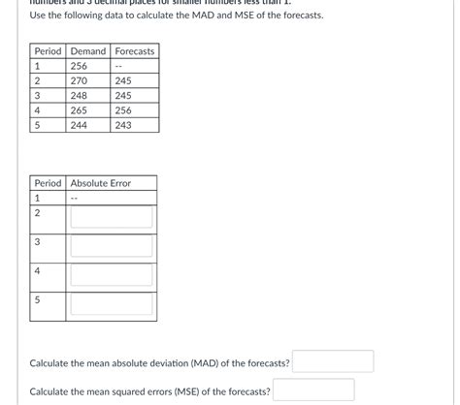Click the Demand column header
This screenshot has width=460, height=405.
[x=87, y=50]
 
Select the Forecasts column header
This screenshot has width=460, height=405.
[x=134, y=50]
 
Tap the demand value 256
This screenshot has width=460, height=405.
[x=79, y=66]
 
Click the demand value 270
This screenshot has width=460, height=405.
[x=79, y=81]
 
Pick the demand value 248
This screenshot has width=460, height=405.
[x=79, y=96]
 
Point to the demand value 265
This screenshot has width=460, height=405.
[x=79, y=110]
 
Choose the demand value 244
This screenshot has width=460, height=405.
[x=79, y=126]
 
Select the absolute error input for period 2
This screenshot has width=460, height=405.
[x=112, y=216]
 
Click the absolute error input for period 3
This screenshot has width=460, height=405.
[x=112, y=245]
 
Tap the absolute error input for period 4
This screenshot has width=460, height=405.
[x=112, y=275]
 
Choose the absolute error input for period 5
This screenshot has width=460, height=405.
[x=112, y=304]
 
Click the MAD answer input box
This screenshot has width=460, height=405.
[x=334, y=362]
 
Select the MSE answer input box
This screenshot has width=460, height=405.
[x=313, y=389]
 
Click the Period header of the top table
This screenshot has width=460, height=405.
[x=48, y=50]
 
